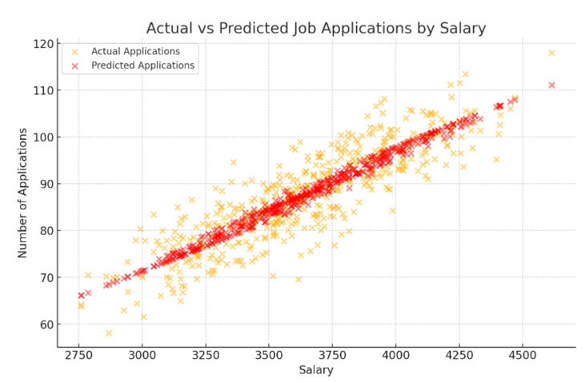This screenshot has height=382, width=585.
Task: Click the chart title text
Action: pos(316,29)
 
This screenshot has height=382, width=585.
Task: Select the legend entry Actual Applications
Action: pos(135,51)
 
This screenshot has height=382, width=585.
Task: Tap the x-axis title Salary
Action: pos(316,370)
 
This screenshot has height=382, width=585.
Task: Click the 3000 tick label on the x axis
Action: pos(142,354)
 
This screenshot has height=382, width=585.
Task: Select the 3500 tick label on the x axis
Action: pos(268,354)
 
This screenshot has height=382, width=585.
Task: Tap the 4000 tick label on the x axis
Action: pos(395,354)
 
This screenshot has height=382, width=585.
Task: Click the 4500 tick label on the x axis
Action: pos(522,354)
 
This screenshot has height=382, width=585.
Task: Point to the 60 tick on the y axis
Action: pos(45,324)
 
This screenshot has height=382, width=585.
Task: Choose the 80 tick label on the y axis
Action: pos(45,231)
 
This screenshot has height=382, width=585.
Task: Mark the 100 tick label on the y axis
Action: pos(42,137)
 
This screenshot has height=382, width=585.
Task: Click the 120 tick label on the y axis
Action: pos(42,43)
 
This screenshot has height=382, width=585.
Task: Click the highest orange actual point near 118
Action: pos(551,53)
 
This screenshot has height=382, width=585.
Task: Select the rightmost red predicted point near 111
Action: pos(551,85)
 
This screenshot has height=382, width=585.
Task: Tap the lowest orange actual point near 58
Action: pos(109,333)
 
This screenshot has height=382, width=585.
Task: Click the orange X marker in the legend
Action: pos(76,51)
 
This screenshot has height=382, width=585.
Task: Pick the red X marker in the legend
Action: pos(76,66)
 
